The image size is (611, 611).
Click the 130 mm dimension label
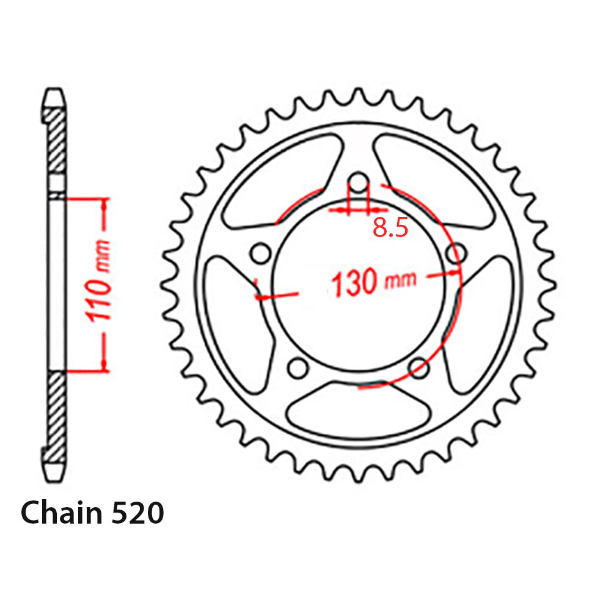pos(373,282)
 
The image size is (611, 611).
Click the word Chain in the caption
pos(60,513)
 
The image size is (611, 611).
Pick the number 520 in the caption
pos(137,513)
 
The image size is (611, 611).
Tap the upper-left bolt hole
pos(260,252)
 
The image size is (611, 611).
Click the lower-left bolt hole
pos(298,368)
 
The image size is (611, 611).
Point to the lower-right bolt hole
pos(419,368)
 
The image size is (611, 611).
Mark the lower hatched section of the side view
pos(56,415)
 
